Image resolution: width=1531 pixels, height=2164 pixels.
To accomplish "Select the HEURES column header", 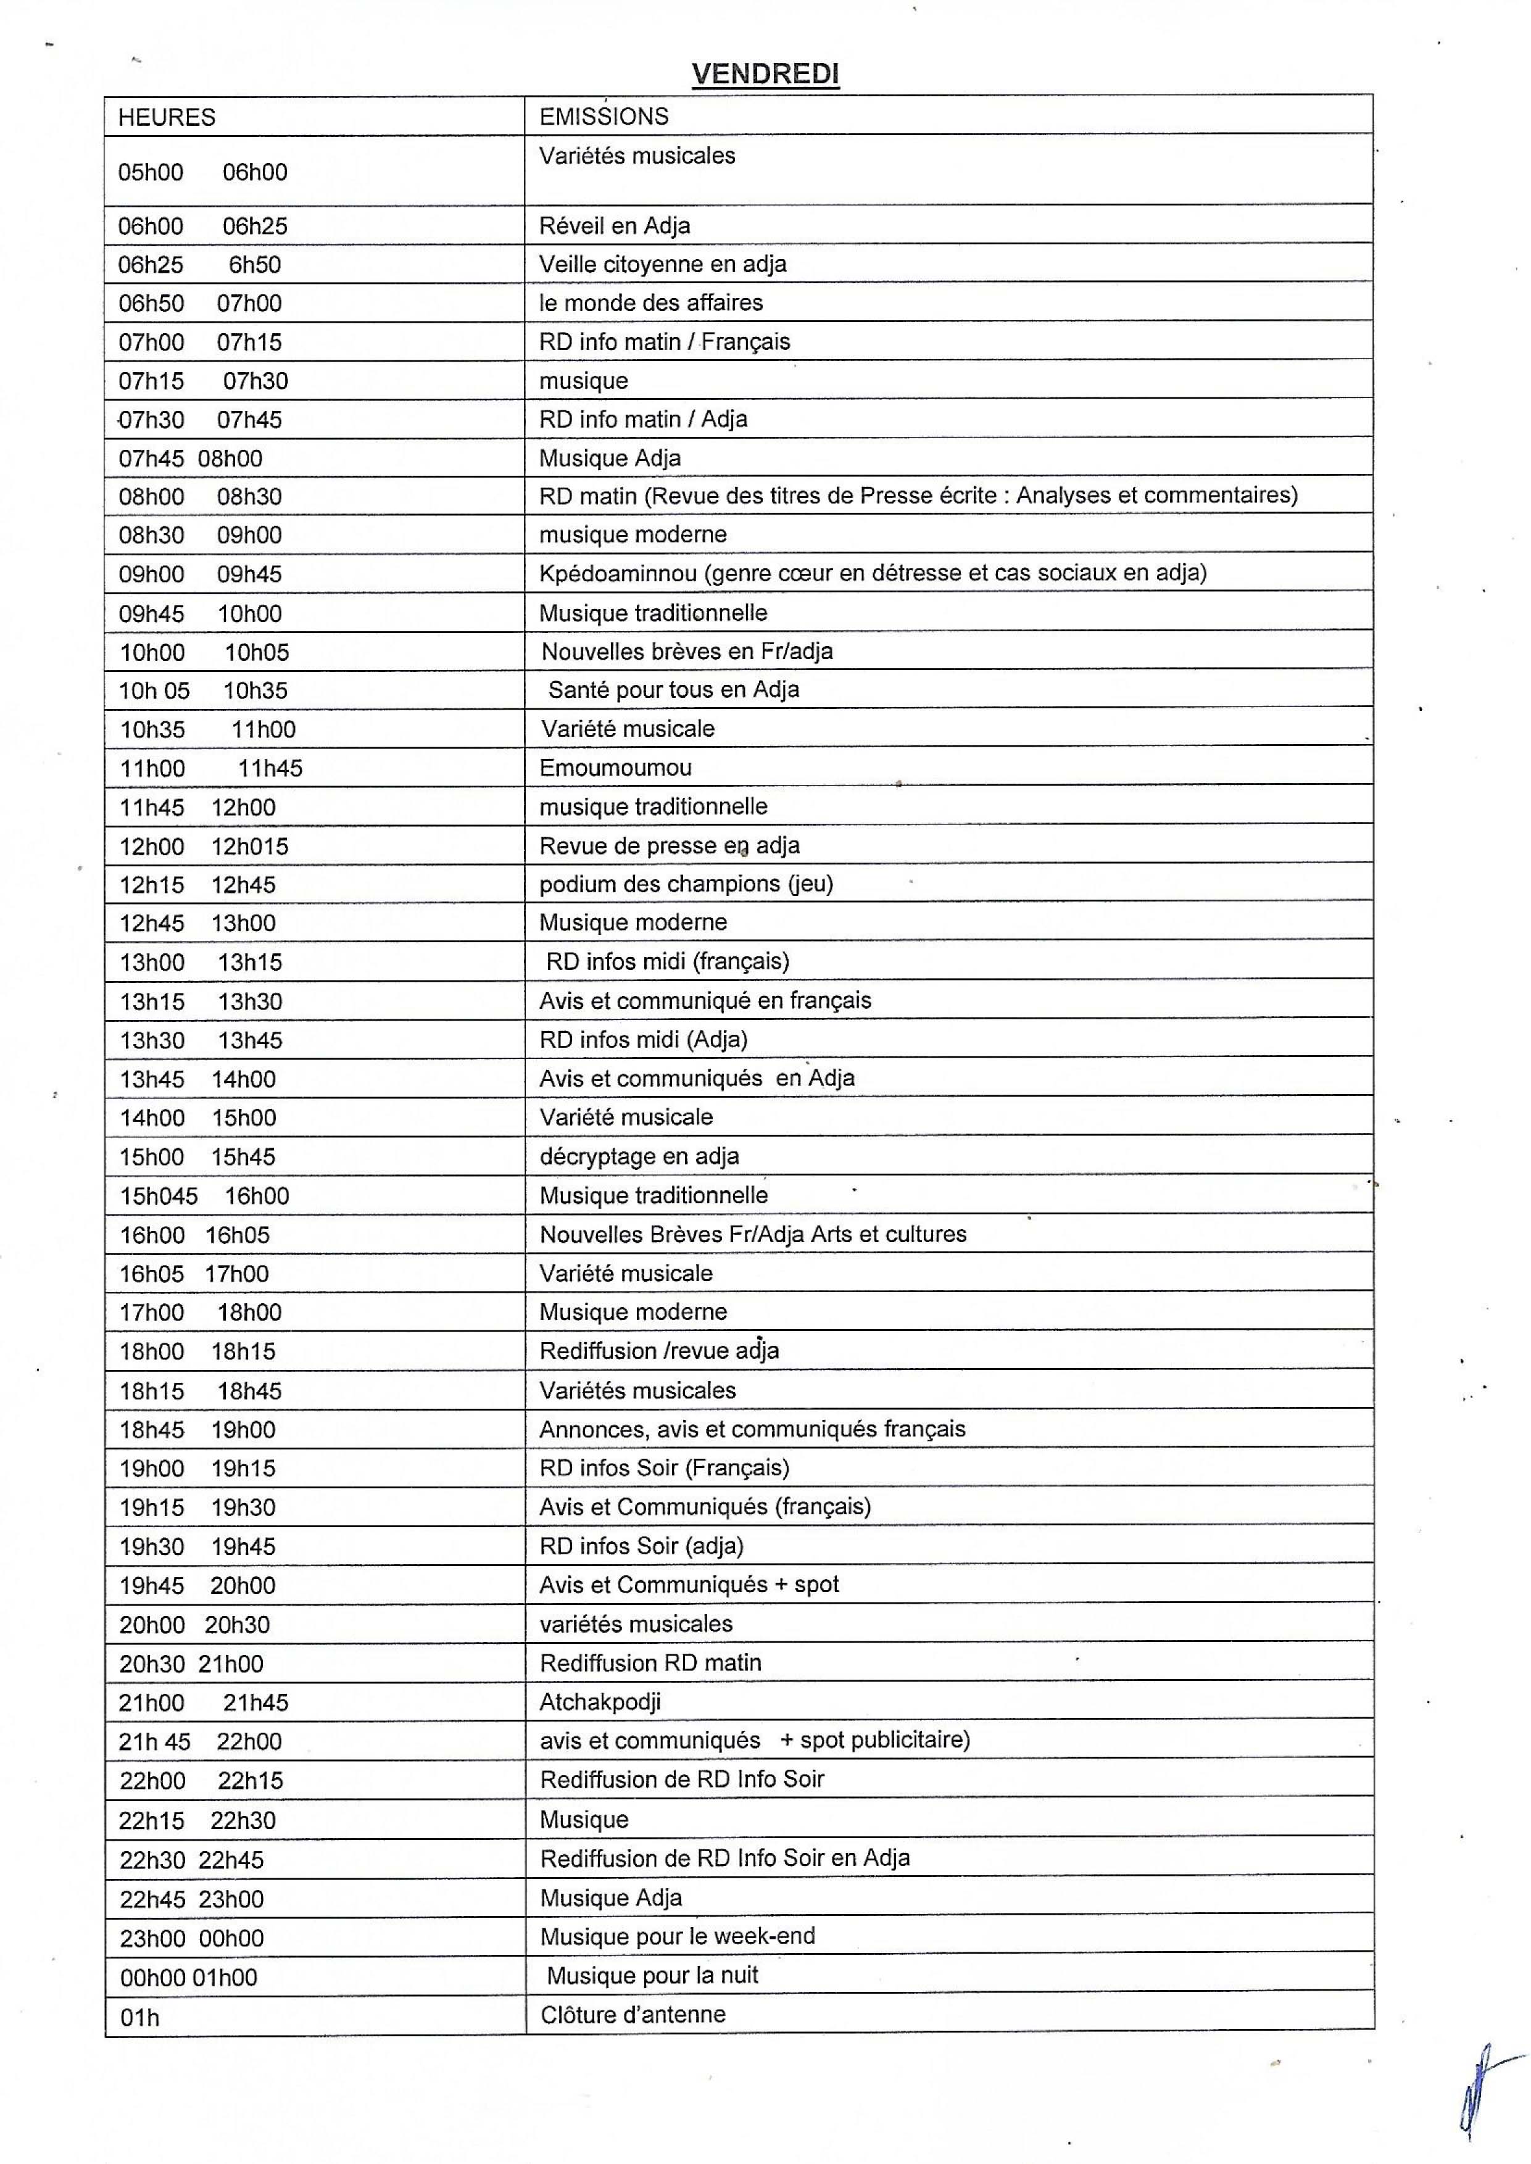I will [x=167, y=117].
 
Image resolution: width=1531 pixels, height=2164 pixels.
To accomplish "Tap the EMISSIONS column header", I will [x=604, y=116].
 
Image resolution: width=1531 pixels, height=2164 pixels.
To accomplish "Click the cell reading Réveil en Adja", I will [x=614, y=226].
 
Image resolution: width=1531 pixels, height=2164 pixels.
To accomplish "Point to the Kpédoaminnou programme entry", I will [x=872, y=573].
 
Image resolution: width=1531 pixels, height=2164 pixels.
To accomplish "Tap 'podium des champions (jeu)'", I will [x=686, y=884].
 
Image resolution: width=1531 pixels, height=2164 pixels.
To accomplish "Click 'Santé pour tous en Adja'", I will [x=673, y=689].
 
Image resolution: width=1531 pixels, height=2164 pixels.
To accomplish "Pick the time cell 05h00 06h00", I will [x=202, y=172].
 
